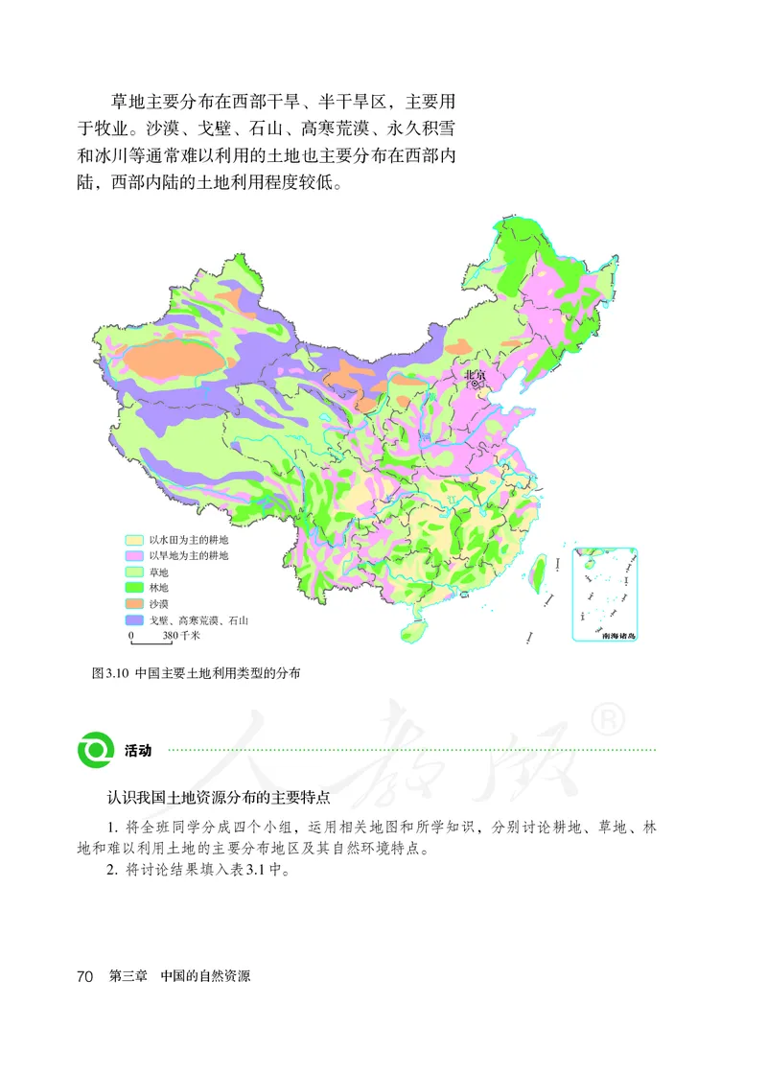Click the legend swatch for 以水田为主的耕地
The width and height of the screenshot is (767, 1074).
pyautogui.click(x=136, y=541)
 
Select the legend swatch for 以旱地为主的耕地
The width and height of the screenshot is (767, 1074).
pyautogui.click(x=136, y=556)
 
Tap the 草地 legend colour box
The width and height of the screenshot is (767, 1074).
pyautogui.click(x=136, y=572)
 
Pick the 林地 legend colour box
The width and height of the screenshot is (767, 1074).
pyautogui.click(x=136, y=588)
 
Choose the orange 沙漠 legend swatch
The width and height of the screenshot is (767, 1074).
pyautogui.click(x=136, y=604)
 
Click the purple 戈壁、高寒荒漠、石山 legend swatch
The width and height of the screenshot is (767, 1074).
pyautogui.click(x=136, y=620)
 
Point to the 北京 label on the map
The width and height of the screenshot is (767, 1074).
pyautogui.click(x=476, y=375)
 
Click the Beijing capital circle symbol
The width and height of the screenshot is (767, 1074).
pyautogui.click(x=476, y=384)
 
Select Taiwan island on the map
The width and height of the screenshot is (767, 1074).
pyautogui.click(x=538, y=573)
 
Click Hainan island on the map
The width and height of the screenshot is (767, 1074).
pyautogui.click(x=412, y=631)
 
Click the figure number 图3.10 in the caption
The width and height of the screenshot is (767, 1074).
pyautogui.click(x=109, y=674)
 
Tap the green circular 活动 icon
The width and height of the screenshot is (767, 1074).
pyautogui.click(x=96, y=750)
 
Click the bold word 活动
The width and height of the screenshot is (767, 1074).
pyautogui.click(x=138, y=751)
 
